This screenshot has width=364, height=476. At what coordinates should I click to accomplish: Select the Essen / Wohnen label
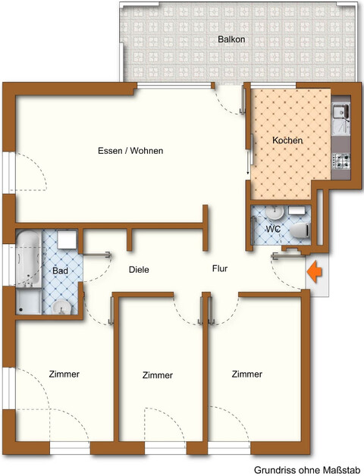[130, 151]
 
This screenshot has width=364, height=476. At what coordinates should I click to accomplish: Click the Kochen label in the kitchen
[287, 141]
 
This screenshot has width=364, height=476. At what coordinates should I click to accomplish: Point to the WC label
[273, 227]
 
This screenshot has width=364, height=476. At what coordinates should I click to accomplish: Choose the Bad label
[61, 271]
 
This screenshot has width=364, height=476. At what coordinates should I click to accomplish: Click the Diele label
[139, 270]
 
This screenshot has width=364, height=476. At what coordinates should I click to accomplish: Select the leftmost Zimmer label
[64, 374]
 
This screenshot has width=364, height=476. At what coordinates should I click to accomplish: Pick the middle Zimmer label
[158, 375]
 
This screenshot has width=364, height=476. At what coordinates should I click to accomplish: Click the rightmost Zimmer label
[247, 374]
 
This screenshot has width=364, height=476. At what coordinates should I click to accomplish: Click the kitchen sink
[340, 114]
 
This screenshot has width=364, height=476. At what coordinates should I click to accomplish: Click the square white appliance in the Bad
[67, 240]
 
